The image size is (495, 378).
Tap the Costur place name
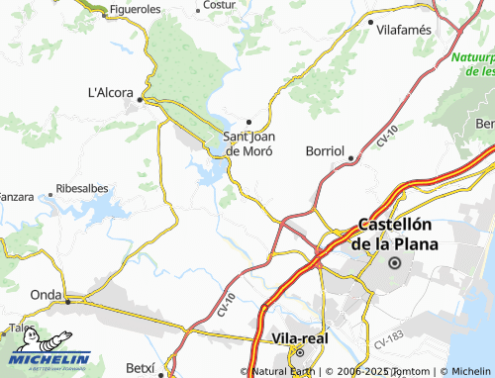(219, 6)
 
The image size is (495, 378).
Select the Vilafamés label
(405, 30)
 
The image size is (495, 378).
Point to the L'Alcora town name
(110, 93)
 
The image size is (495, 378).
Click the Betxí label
(141, 368)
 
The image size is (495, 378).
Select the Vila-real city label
(298, 338)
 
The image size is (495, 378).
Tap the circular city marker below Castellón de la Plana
(395, 263)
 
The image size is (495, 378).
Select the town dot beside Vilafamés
(370, 21)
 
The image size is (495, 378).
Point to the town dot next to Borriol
(351, 158)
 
